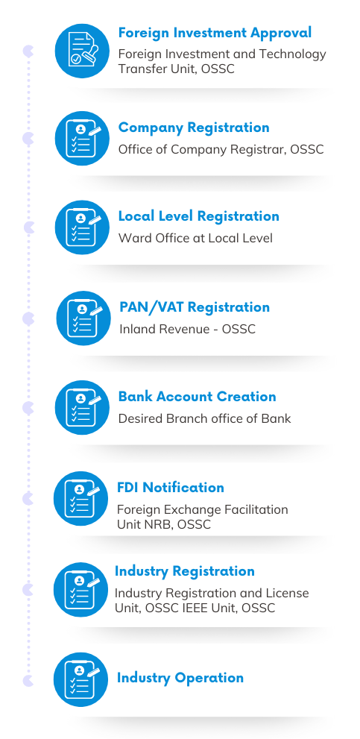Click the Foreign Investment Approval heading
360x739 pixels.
(215, 33)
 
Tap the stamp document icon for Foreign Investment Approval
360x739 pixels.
(82, 51)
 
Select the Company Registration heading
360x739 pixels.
(194, 128)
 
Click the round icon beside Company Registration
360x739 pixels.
(82, 138)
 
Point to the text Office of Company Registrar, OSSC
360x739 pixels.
(221, 149)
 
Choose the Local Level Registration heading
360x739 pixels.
(198, 216)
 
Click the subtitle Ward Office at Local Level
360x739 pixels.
(195, 238)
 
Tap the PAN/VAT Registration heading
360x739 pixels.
(195, 307)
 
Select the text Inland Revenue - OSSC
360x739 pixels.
(187, 329)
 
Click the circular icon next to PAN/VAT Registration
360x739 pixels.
(83, 318)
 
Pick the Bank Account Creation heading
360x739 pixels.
(197, 397)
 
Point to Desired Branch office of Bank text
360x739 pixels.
(204, 418)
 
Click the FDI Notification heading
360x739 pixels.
(171, 488)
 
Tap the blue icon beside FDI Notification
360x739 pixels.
(80, 499)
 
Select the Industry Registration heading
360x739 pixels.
(185, 571)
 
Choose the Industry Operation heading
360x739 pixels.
(180, 678)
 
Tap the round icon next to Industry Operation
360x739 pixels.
(80, 679)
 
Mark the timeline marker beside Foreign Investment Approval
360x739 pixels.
(28, 51)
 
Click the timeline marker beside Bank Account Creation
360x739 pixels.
(28, 408)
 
